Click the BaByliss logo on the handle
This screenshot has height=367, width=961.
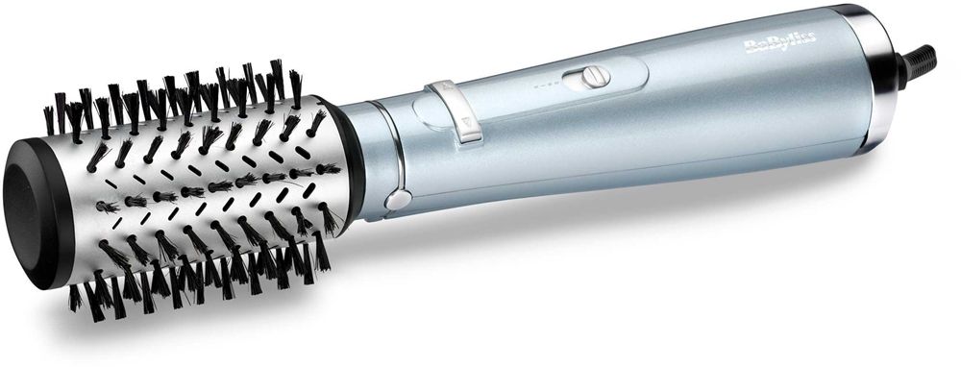coord(779,43)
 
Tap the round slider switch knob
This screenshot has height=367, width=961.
coord(595,77)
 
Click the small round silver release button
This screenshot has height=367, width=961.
coord(399,200)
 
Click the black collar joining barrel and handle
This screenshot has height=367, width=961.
coord(347,162)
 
